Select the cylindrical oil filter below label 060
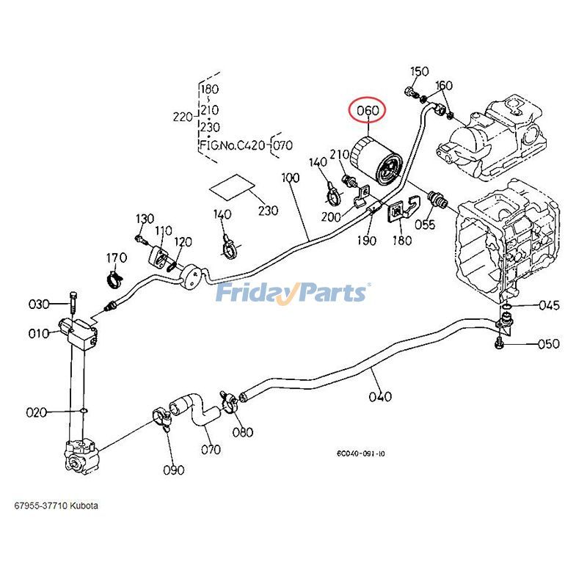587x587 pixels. (376, 163)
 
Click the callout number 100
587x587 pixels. (291, 178)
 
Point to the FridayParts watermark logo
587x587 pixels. (292, 293)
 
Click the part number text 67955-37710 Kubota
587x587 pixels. (56, 506)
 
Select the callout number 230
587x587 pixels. (268, 211)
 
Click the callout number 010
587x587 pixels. (38, 334)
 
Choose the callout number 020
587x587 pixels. (37, 412)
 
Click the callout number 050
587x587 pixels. (548, 344)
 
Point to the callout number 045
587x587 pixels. (549, 305)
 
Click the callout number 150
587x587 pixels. (419, 71)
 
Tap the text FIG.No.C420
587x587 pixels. (233, 145)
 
